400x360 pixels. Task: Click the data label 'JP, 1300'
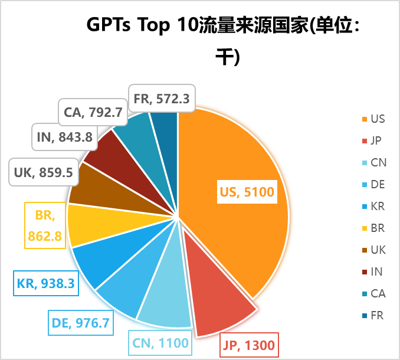coord(248,345)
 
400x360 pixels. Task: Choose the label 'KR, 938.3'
coord(46,283)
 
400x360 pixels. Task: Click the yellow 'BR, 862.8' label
coord(45,225)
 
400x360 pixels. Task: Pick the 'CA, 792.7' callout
coord(93,110)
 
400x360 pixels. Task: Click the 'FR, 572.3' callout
coord(161,99)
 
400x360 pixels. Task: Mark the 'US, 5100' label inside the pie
coord(247,192)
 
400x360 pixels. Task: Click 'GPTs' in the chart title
coord(110,25)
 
